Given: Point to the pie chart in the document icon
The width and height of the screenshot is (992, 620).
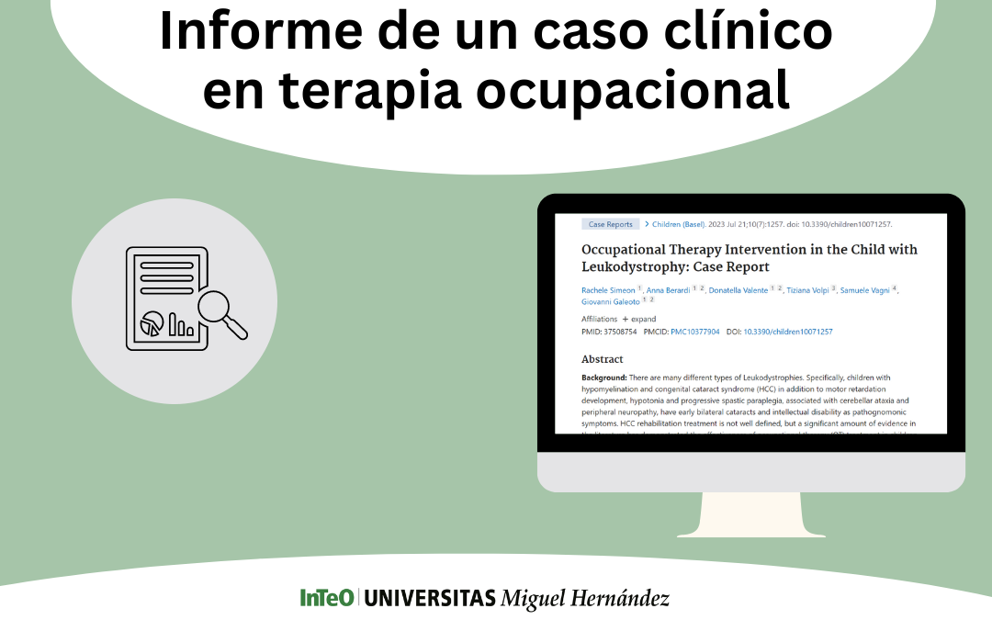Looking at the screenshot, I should pyautogui.click(x=152, y=323).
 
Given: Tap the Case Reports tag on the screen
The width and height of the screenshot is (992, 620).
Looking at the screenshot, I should pyautogui.click(x=610, y=224).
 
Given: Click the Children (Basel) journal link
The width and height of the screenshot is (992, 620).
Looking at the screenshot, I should pyautogui.click(x=679, y=224).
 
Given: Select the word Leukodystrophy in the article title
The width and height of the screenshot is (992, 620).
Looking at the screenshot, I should pyautogui.click(x=633, y=266).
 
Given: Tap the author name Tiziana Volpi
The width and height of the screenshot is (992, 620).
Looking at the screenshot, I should pyautogui.click(x=808, y=290).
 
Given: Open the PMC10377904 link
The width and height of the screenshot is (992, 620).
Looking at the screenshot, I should pyautogui.click(x=694, y=332).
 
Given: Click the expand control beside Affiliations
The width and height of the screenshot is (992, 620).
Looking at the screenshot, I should pyautogui.click(x=639, y=319).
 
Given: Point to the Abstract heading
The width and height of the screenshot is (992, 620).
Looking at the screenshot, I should pyautogui.click(x=603, y=359).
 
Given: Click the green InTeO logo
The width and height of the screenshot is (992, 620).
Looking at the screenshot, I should pyautogui.click(x=326, y=598).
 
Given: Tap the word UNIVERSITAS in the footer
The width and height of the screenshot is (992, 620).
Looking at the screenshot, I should pyautogui.click(x=430, y=598).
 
